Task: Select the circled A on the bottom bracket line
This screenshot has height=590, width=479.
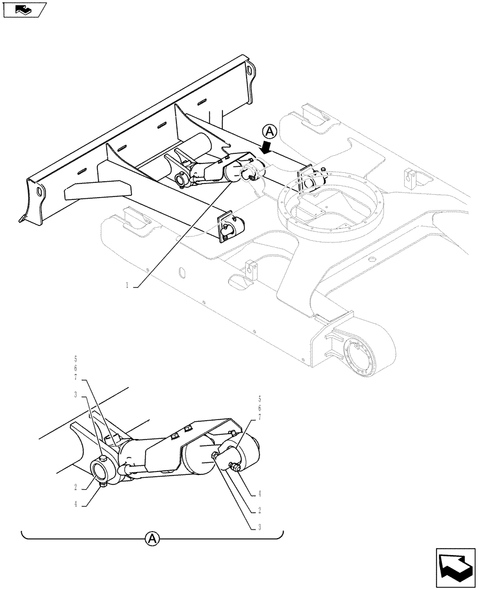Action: point(152,537)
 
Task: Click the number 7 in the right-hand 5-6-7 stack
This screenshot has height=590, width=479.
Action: point(259,417)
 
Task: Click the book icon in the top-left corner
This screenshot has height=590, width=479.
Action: point(24,9)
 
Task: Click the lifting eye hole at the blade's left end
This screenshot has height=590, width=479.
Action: point(40,193)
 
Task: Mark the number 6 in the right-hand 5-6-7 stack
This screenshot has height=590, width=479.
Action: point(259,408)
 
